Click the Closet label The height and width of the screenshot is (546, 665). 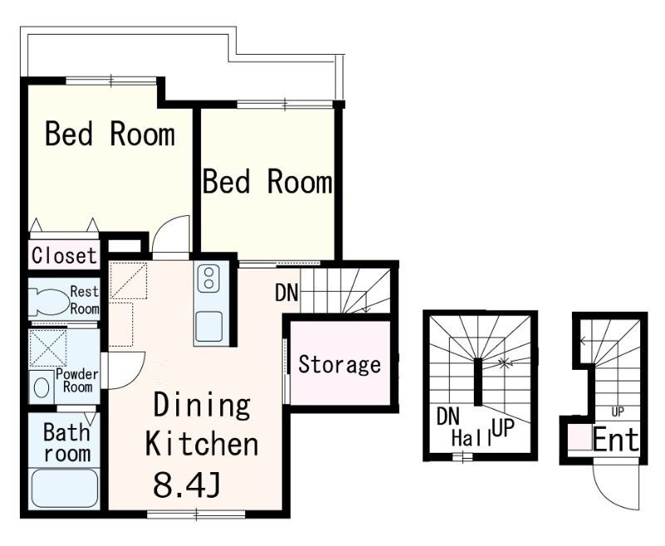point(65,256)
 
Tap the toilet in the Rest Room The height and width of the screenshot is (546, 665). point(49,302)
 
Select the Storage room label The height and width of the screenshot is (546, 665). point(339,365)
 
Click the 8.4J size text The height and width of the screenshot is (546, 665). point(186,485)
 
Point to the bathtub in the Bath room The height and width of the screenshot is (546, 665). point(65,488)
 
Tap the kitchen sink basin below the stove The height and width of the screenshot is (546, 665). point(209,327)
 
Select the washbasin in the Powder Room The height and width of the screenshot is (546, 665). point(41,388)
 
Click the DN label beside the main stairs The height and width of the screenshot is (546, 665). point(287,292)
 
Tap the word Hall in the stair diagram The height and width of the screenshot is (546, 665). point(471,438)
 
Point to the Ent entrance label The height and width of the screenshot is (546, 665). point(616,440)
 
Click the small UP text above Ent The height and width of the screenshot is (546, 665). point(618,411)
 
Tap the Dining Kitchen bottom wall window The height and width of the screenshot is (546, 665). point(196,514)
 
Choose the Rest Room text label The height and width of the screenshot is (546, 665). point(85,300)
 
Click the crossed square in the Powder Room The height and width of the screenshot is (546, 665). point(48,348)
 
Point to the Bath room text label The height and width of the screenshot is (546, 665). point(67,443)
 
